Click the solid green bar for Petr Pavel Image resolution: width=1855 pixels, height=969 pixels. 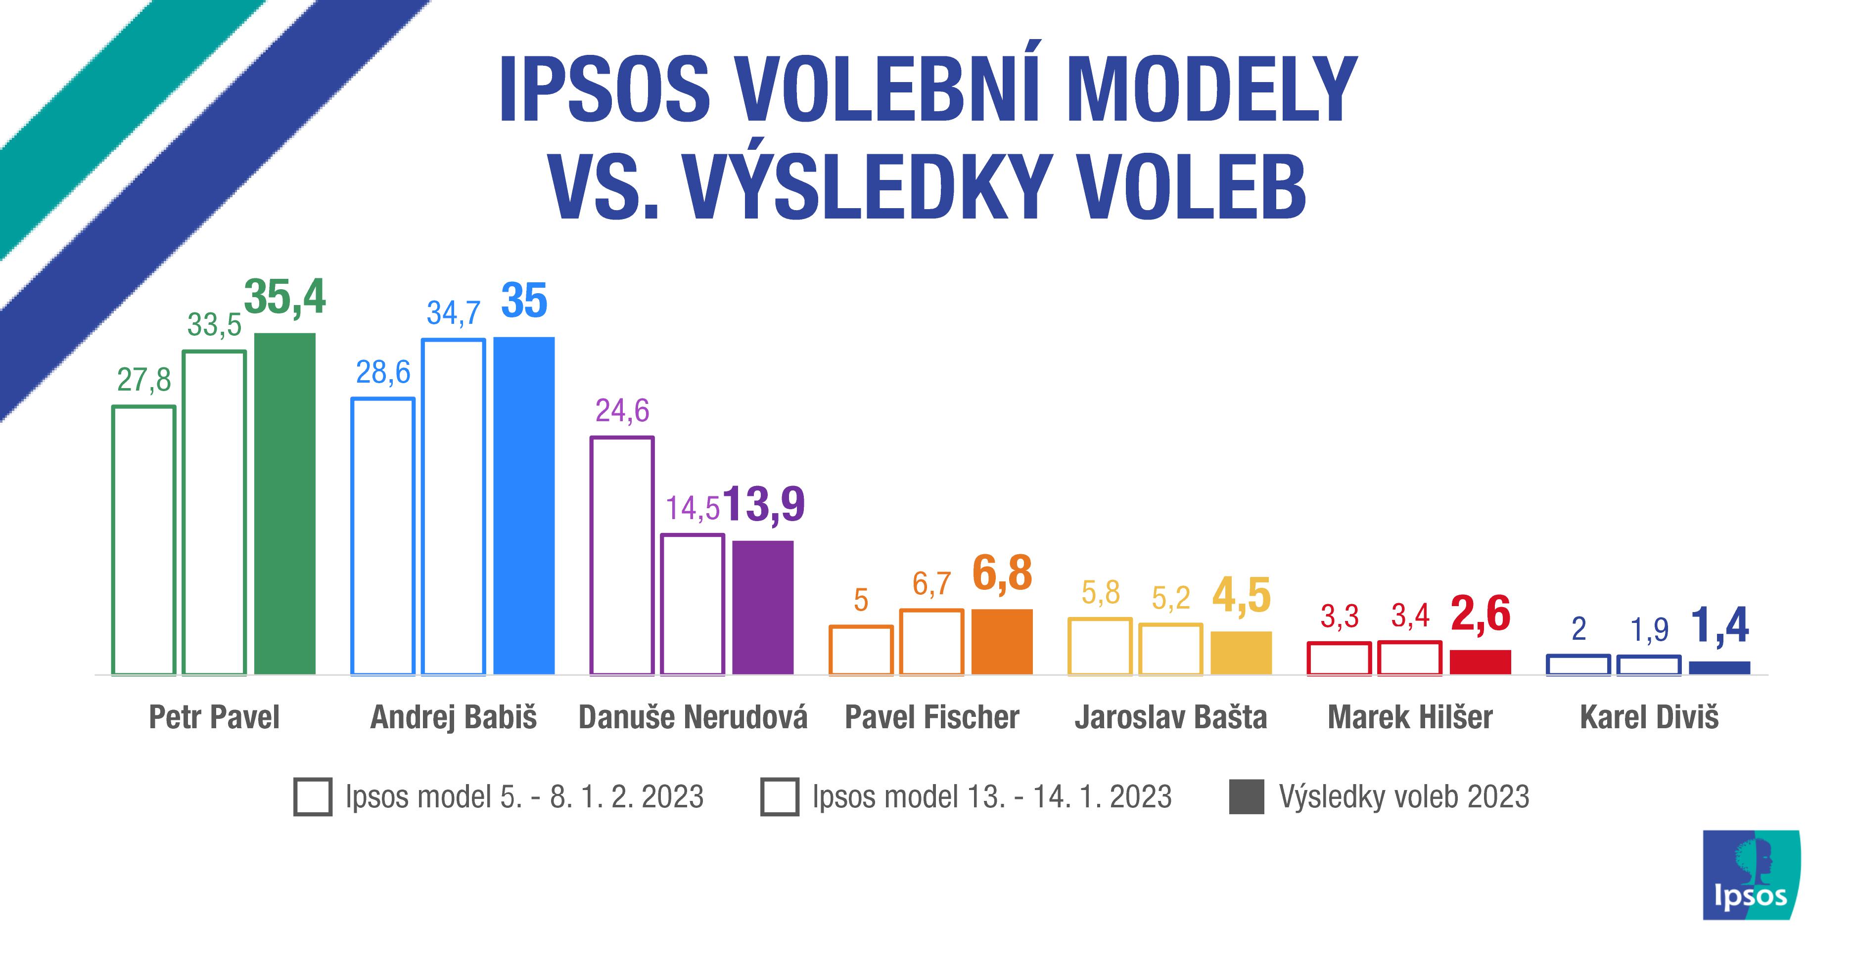coord(285,503)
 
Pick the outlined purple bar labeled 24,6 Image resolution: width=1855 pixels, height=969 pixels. coord(621,555)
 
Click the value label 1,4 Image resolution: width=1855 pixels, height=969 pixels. coord(1719,625)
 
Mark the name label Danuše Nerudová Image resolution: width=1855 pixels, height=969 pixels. coord(693,717)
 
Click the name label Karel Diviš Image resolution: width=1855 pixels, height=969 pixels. coord(1649,717)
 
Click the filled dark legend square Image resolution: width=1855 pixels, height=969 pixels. coord(1247,796)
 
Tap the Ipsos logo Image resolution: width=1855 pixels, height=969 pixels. coord(1751,875)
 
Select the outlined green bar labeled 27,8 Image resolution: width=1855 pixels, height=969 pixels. coord(143,540)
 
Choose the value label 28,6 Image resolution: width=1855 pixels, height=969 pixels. coord(382,372)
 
